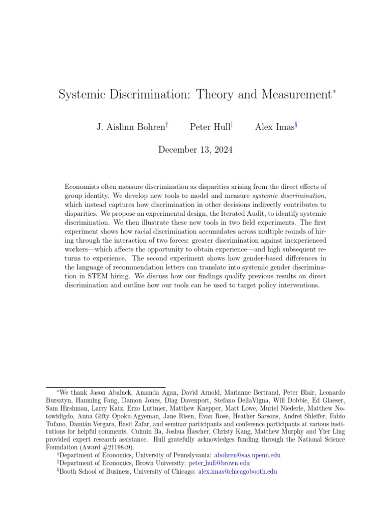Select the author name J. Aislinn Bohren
[x=131, y=127]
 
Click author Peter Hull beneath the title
[x=209, y=127]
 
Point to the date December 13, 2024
[x=195, y=149]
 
